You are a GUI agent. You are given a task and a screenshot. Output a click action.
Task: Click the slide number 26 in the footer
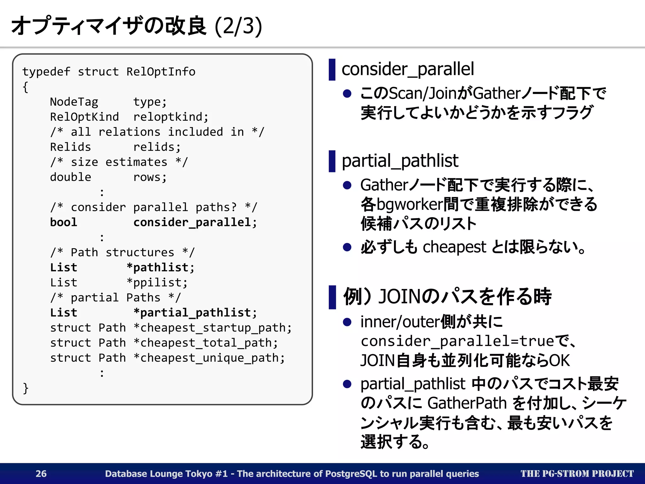coord(41,474)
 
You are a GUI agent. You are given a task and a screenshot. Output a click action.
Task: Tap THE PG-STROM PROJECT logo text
coord(577,474)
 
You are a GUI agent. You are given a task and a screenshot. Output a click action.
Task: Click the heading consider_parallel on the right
coord(408,69)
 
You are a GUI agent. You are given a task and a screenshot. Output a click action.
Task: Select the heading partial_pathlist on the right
coord(400,161)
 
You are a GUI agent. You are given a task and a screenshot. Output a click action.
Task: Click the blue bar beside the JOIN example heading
coord(332,297)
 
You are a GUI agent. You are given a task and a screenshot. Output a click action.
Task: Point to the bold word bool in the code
coord(64,222)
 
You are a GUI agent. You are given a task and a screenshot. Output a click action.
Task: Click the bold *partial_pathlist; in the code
coord(195,313)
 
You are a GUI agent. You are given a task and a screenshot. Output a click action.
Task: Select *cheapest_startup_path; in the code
coord(213,328)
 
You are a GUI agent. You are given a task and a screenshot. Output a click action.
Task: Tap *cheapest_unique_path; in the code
coord(209,358)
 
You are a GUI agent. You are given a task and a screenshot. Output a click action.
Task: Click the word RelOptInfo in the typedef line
coord(161,72)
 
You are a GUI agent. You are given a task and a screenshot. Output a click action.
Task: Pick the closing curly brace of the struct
coord(26,388)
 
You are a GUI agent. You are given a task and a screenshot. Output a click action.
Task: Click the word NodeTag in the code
coord(74,102)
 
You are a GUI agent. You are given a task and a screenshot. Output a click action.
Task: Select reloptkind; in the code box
coord(171,117)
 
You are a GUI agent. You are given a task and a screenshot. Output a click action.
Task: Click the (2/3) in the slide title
coord(238,26)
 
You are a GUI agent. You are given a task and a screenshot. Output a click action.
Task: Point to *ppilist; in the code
coord(157,283)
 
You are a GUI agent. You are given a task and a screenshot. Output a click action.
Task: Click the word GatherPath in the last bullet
coord(467,403)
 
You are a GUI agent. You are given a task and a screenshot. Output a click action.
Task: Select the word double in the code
coord(71,177)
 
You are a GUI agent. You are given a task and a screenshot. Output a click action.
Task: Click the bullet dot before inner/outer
coord(347,322)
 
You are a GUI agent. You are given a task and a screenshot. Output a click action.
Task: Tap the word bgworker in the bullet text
coord(409,204)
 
